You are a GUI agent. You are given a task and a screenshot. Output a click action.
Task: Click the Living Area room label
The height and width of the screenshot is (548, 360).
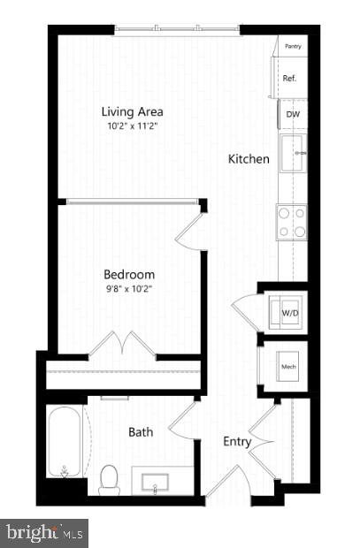[133, 112]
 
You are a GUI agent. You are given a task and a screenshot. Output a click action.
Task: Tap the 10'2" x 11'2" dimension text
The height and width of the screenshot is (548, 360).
[133, 126]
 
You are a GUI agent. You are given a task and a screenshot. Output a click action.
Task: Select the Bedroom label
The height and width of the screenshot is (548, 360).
[129, 274]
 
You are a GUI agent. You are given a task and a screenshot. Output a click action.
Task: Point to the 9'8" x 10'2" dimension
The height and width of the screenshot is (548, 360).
[129, 287]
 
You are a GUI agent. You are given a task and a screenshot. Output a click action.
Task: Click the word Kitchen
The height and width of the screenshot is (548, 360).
[249, 159]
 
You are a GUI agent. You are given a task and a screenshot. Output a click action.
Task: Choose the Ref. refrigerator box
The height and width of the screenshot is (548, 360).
[290, 78]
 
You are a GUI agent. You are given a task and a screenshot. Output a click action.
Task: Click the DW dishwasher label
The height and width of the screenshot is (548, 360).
[292, 113]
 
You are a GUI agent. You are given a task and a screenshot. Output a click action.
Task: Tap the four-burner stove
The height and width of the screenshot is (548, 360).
[292, 222]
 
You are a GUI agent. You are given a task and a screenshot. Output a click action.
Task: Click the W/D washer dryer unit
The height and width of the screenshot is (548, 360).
[289, 312]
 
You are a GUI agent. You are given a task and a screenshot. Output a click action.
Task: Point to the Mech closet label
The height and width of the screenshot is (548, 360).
[288, 365]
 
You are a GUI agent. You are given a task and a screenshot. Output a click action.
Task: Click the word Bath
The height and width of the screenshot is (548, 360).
[142, 432]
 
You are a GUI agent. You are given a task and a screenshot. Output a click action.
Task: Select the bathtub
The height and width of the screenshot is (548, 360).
[65, 441]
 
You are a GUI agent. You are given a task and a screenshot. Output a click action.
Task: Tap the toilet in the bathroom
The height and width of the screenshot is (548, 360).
[110, 480]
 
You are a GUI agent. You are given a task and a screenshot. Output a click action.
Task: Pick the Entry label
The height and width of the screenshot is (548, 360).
[237, 442]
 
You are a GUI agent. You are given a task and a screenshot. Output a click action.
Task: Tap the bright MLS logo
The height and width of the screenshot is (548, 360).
[44, 533]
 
